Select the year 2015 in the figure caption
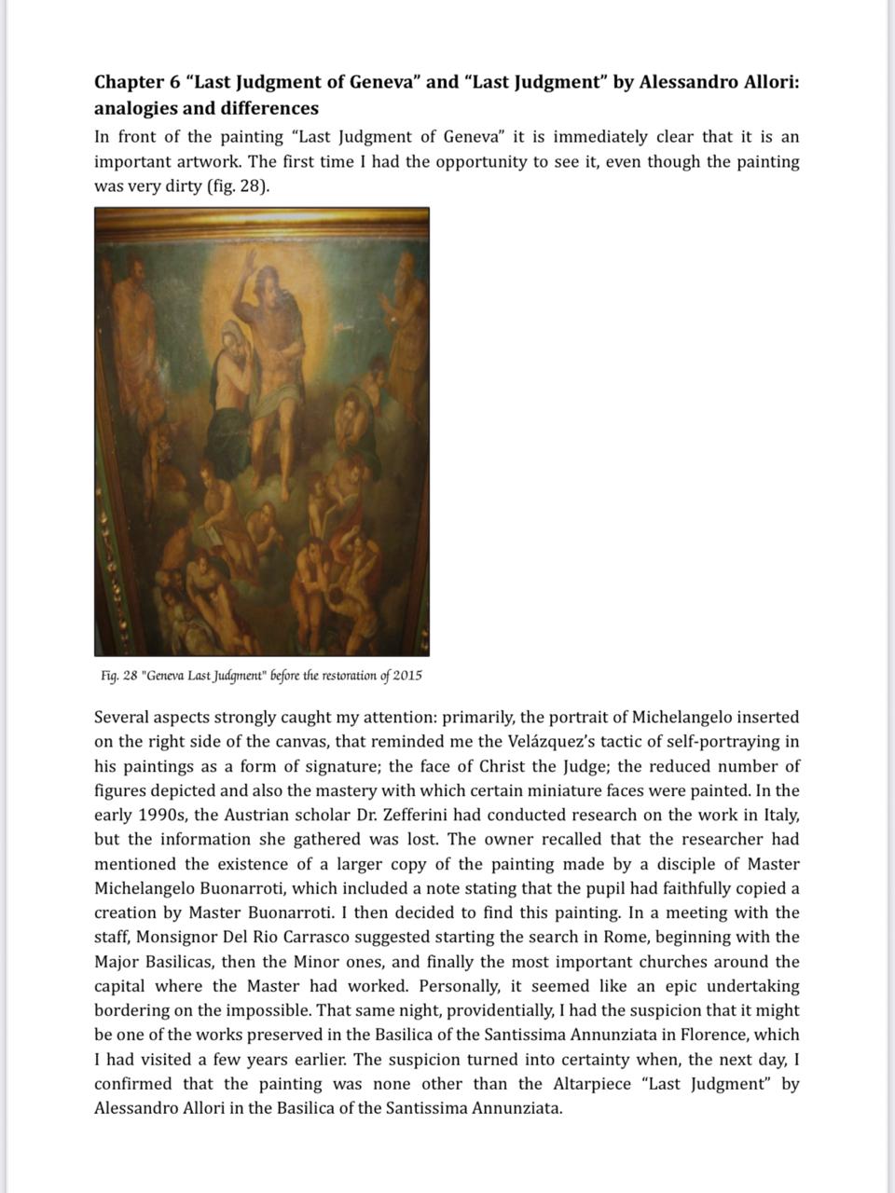point(406,675)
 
